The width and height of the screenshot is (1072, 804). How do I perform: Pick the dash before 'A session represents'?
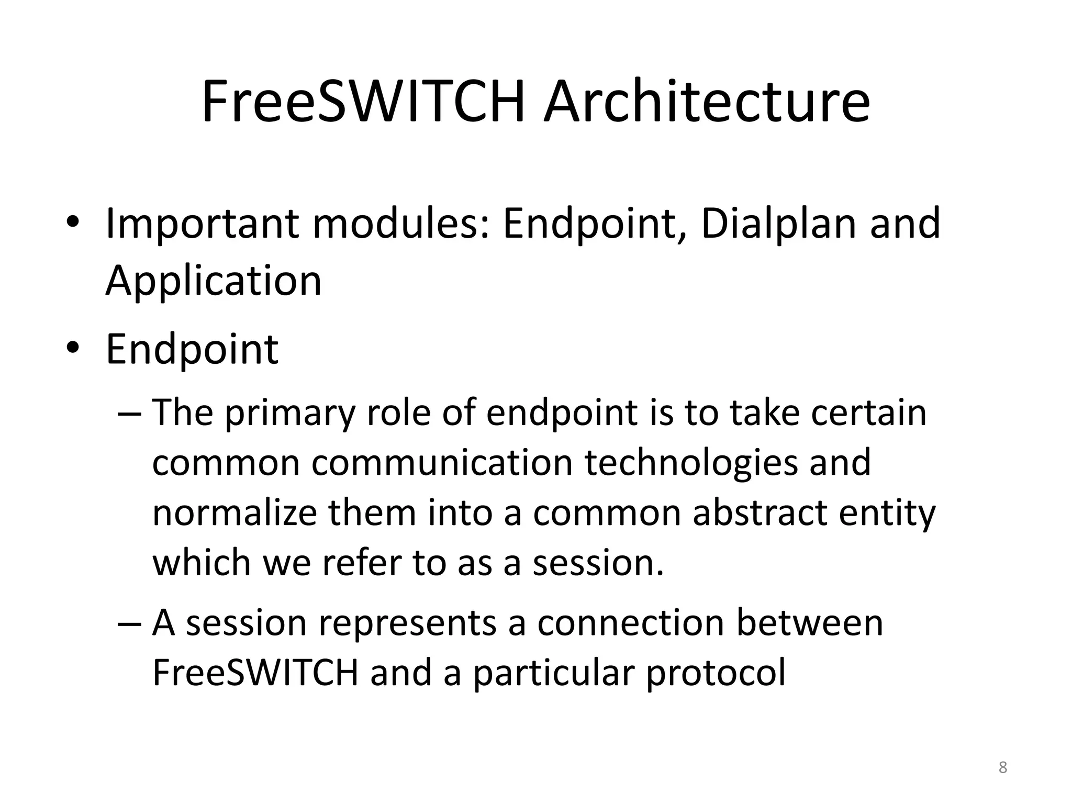click(x=129, y=623)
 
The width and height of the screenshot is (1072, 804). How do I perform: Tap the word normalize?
click(x=234, y=512)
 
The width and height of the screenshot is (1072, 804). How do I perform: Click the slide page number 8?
click(x=1002, y=767)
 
